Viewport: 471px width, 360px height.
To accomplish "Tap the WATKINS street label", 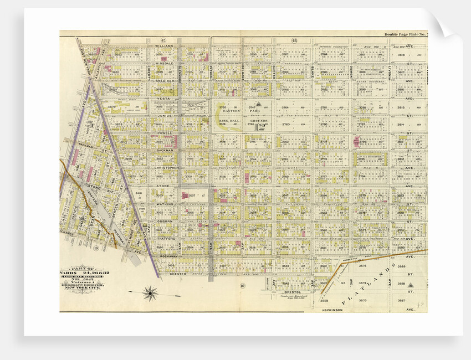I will click(164, 204).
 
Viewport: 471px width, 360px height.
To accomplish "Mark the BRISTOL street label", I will click(291, 291).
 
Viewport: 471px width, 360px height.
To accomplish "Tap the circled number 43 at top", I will click(294, 40).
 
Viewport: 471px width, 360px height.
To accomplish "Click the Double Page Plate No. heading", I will click(403, 34).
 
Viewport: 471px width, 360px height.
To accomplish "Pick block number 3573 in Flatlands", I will click(363, 300).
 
